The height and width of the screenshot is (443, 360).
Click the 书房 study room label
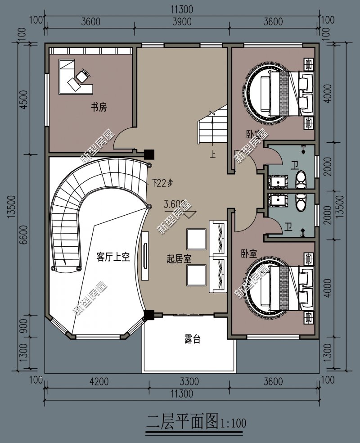99,108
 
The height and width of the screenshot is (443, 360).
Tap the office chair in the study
82,75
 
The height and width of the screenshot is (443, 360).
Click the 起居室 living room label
180,259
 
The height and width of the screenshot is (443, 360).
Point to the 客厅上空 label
113,257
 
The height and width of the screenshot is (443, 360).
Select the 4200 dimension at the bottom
99,382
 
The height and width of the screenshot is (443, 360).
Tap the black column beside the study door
149,154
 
